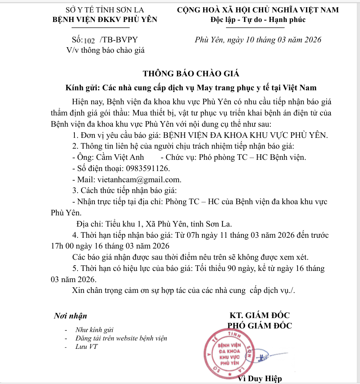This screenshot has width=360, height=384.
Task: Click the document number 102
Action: [x=89, y=40]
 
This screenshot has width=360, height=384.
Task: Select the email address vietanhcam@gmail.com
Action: [x=139, y=179]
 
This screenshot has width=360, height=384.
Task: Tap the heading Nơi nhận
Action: [x=70, y=316]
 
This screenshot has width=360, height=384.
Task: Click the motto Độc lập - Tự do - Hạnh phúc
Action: [x=258, y=20]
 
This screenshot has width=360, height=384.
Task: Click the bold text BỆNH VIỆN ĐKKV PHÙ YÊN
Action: [x=105, y=20]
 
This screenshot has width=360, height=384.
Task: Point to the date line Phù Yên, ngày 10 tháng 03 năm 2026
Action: [x=258, y=40]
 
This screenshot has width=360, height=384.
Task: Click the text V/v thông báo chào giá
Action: [x=105, y=50]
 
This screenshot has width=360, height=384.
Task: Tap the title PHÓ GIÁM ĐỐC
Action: [x=260, y=325]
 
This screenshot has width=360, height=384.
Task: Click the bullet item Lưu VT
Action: [x=87, y=346]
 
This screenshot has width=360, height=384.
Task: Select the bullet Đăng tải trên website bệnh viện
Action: [x=121, y=338]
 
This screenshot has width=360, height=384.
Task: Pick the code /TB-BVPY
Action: [x=120, y=40]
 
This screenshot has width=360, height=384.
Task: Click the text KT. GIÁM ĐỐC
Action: [x=260, y=316]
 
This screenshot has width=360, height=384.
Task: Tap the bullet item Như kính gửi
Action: [x=94, y=330]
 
